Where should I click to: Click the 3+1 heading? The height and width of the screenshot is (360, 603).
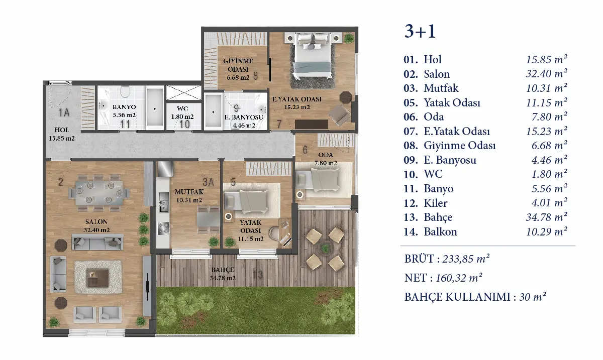[x=420, y=32]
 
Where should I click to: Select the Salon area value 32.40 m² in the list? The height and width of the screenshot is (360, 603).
[x=547, y=73]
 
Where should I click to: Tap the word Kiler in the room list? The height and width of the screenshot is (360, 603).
[x=436, y=203]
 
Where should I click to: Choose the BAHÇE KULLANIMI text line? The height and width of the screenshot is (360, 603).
[x=475, y=297]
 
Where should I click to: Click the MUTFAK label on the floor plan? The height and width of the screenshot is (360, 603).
[x=189, y=192]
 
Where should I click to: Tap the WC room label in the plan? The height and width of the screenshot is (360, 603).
[x=182, y=108]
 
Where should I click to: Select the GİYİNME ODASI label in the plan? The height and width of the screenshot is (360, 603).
[x=238, y=65]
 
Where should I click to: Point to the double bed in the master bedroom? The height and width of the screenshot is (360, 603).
[x=312, y=56]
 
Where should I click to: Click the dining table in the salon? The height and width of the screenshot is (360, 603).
[x=99, y=193]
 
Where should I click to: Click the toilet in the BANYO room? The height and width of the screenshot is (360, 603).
[x=125, y=92]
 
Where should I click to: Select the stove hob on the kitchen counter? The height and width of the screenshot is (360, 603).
[x=163, y=228]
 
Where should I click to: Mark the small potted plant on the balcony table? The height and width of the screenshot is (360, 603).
[x=325, y=247]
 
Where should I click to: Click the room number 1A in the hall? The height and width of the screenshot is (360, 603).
[x=64, y=113]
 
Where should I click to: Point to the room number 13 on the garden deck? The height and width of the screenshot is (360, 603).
[x=258, y=275]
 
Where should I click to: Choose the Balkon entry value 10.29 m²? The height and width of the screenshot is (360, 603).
[x=547, y=231]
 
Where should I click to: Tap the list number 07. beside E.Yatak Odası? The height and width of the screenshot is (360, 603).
[x=411, y=132]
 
